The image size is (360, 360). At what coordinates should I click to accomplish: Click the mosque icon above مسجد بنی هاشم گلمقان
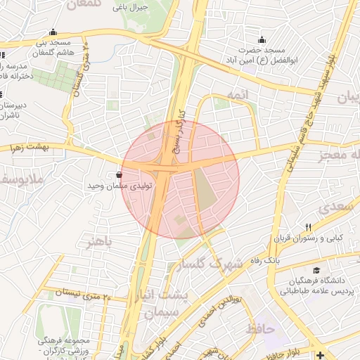(x=53, y=32)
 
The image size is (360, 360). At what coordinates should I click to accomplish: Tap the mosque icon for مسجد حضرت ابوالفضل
(x=262, y=39)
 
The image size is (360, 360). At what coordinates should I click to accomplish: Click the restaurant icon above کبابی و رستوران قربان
(x=308, y=226)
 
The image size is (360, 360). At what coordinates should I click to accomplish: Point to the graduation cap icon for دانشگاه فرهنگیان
(x=317, y=271)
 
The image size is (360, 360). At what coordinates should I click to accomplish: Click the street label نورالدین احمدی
(x=228, y=309)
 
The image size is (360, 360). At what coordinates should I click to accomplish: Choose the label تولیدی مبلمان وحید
(x=117, y=186)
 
